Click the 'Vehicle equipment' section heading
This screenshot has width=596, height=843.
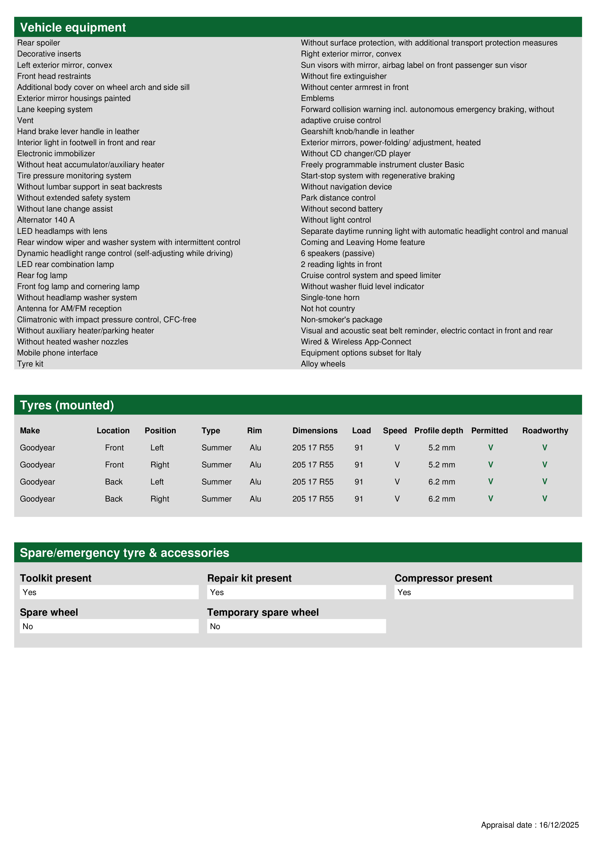(x=73, y=28)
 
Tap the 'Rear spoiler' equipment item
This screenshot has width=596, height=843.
(x=38, y=43)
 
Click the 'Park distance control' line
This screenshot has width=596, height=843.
(x=338, y=198)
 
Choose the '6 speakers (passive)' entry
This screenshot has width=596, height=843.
(x=337, y=253)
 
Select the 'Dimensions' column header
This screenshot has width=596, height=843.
(x=315, y=431)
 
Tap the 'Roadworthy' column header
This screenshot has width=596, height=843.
(x=545, y=431)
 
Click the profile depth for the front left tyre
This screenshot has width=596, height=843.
(x=441, y=448)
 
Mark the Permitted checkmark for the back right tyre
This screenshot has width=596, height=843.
(x=490, y=499)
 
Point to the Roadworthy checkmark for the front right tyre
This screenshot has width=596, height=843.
(x=545, y=465)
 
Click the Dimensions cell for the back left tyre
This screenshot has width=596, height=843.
(x=313, y=482)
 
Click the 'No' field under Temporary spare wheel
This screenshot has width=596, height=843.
(x=296, y=626)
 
